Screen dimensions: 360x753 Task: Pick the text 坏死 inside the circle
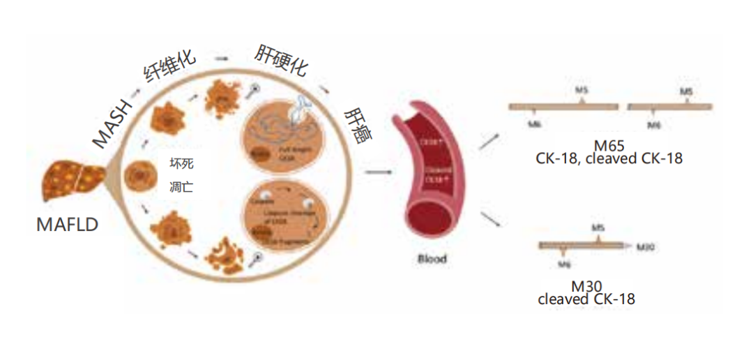click(x=180, y=164)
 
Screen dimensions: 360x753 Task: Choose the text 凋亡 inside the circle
click(x=180, y=187)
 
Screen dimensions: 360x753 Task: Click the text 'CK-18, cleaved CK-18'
click(x=609, y=159)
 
